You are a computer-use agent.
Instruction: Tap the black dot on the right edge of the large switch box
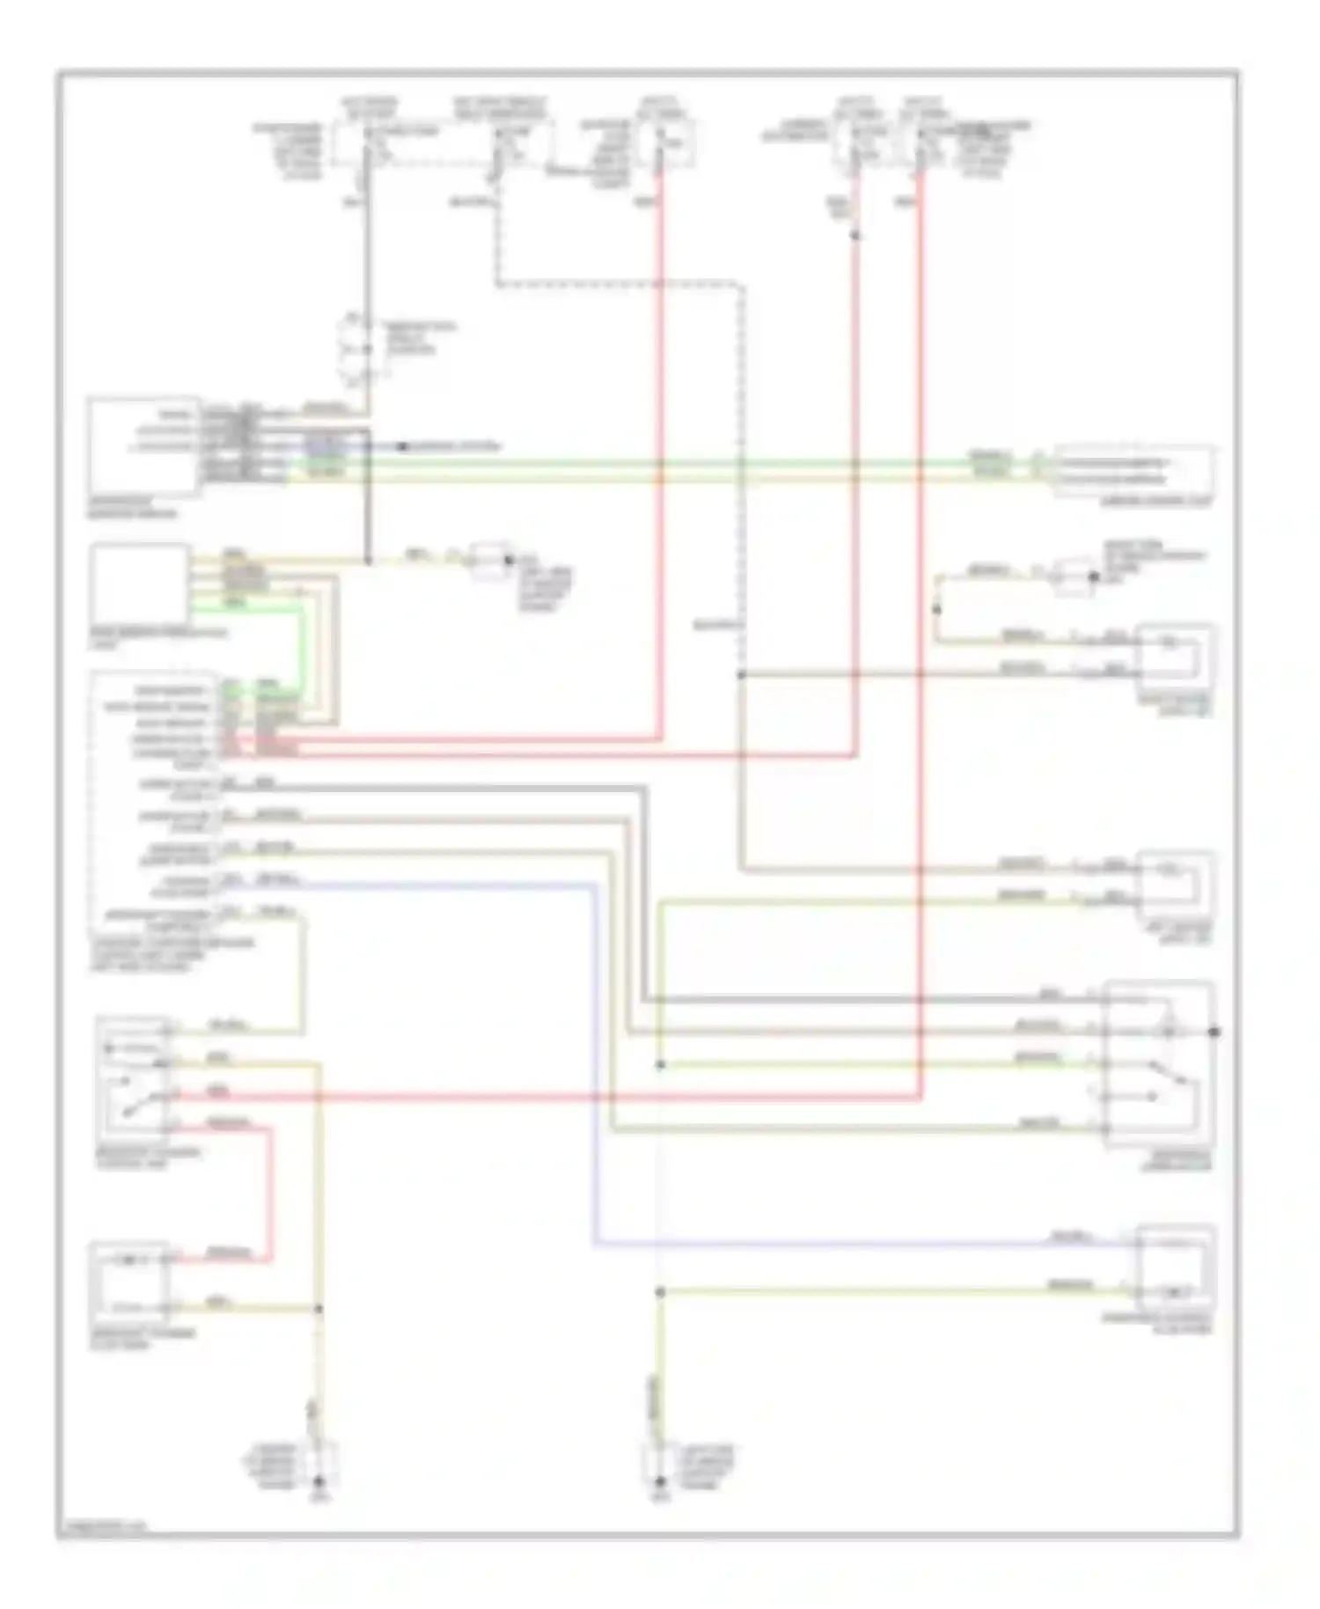1214,1032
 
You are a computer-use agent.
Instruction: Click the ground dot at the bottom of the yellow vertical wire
319,1482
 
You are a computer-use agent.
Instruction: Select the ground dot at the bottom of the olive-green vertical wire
659,1482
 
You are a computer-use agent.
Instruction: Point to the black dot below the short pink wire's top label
855,235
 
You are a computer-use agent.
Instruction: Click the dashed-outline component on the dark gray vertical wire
357,350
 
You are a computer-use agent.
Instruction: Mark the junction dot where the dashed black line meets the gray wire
740,675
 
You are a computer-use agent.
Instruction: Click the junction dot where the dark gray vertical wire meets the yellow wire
368,560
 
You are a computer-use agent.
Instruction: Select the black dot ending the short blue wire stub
401,447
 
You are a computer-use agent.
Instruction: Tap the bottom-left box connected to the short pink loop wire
130,1282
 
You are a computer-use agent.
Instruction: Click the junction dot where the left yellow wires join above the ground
319,1309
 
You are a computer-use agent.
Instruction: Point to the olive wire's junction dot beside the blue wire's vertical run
659,1292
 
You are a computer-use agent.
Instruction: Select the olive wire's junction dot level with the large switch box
659,1065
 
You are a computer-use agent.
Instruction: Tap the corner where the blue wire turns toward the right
595,1244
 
